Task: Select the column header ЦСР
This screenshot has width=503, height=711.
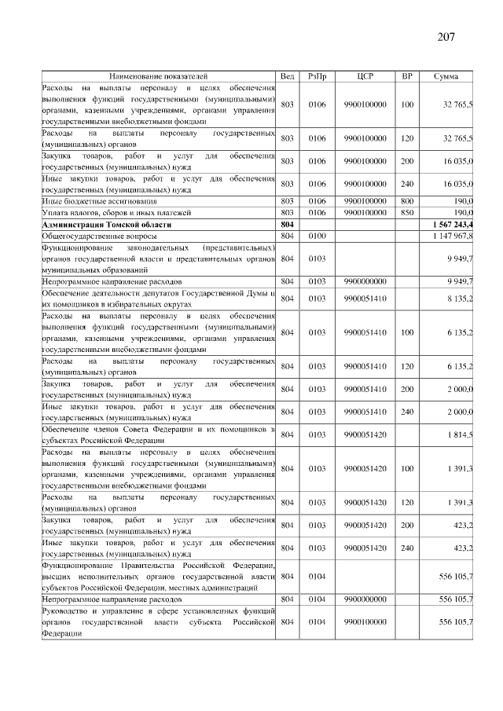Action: (365, 76)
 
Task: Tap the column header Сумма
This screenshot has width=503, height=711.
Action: (447, 76)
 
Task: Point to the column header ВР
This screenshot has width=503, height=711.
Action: (407, 76)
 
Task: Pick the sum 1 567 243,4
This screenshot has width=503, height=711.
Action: (450, 224)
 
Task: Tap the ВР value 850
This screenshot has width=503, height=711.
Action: (407, 212)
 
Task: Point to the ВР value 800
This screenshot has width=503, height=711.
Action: (407, 201)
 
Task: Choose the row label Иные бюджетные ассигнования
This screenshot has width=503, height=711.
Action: (93, 201)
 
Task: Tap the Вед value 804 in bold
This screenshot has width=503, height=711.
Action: (287, 224)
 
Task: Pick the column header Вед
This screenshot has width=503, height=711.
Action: (287, 76)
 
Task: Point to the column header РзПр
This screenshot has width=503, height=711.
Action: (317, 76)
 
